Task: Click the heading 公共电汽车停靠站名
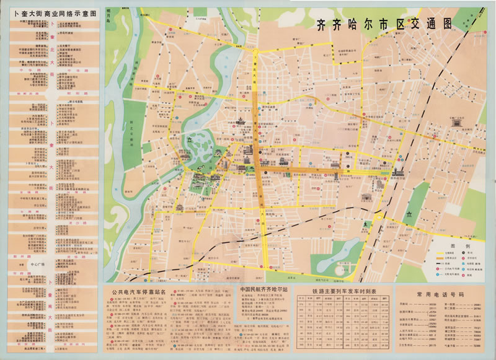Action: point(141,290)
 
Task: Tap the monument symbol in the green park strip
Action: point(409,214)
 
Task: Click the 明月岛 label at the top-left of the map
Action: point(112,15)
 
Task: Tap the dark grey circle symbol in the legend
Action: point(463,254)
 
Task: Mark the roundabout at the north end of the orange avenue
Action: point(255,51)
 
